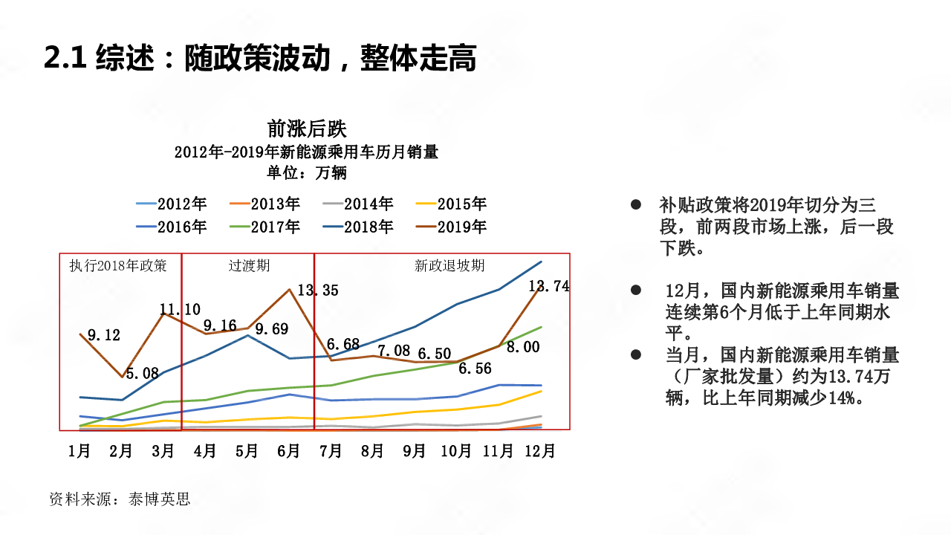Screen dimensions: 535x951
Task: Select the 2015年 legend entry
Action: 461,204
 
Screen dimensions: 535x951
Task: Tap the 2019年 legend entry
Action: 461,227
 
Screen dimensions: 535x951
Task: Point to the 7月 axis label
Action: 331,451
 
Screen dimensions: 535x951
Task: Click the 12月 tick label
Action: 540,451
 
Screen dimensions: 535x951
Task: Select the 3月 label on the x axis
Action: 163,451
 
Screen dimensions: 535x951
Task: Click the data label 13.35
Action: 318,291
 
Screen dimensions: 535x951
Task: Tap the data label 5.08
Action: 142,374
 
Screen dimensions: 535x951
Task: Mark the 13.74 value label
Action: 549,286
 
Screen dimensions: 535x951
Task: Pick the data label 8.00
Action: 523,347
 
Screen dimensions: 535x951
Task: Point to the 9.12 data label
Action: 104,336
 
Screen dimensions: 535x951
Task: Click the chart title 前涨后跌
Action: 307,129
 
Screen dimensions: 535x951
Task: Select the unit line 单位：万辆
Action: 307,173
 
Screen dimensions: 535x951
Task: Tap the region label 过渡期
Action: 249,265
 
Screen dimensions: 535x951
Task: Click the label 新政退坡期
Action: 449,265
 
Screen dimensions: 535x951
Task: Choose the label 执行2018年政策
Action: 118,265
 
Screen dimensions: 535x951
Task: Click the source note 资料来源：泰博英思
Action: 120,499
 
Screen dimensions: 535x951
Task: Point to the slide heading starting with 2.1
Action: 260,58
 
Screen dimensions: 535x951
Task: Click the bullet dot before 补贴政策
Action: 635,204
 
